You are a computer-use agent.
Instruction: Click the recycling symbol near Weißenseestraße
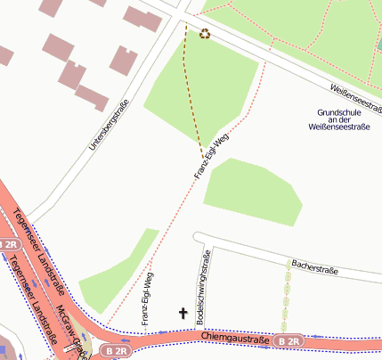[206, 34]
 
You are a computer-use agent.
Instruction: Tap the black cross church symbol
[184, 314]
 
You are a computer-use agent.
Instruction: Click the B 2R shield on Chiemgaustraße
[288, 341]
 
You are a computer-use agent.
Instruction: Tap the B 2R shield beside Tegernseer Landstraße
[9, 244]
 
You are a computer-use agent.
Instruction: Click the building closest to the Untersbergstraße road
[92, 97]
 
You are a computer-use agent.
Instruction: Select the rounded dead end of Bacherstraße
[199, 237]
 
